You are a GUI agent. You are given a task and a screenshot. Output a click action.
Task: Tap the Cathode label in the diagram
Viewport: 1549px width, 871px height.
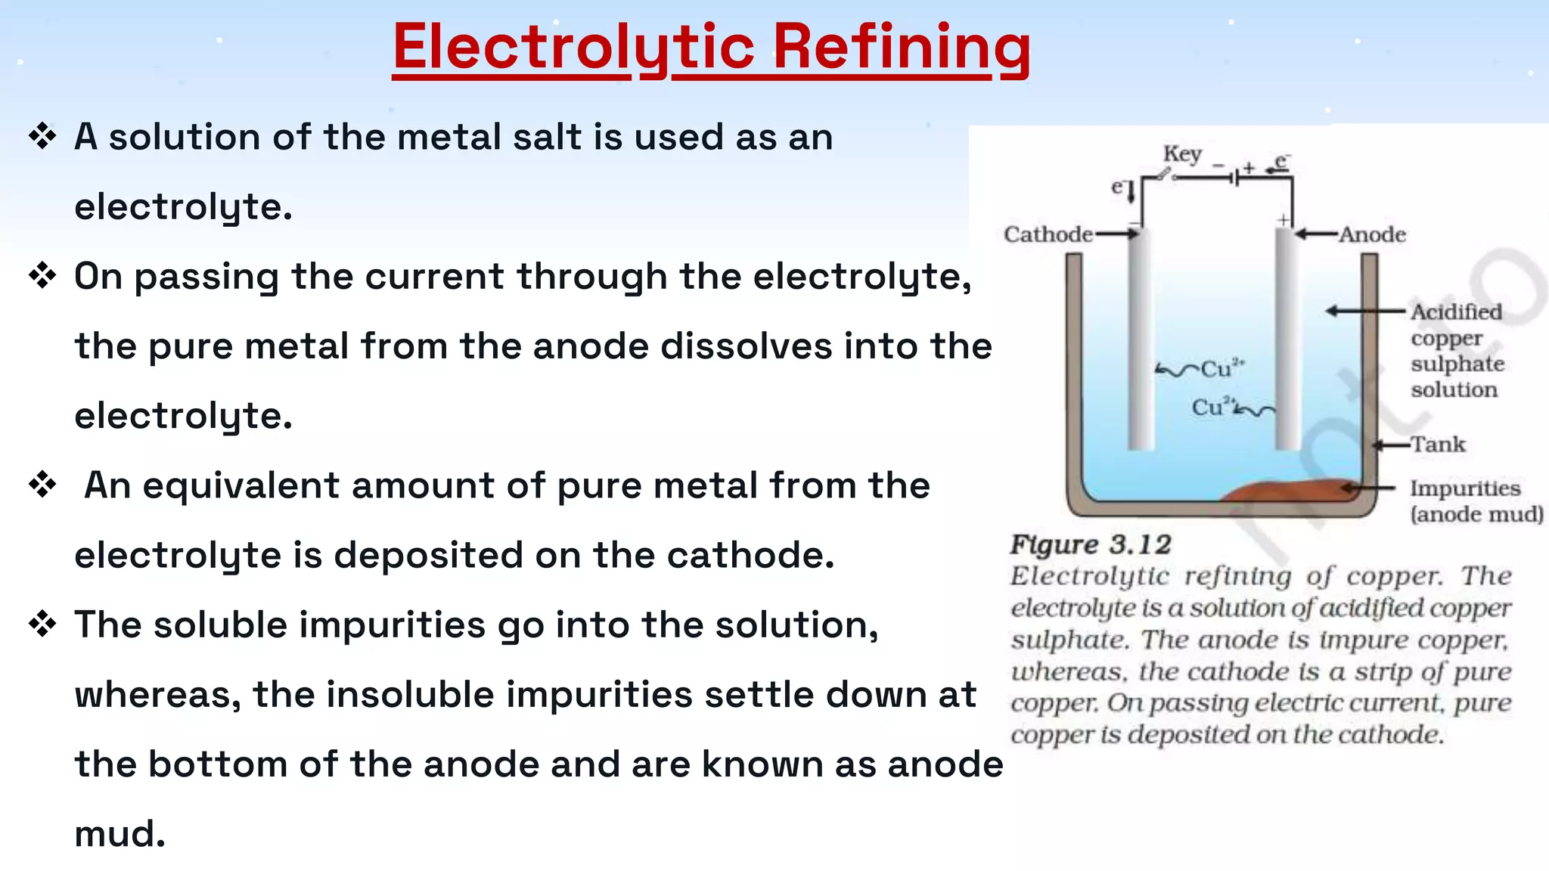(1048, 234)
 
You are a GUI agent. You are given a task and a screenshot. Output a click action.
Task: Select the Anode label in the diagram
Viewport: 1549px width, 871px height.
(1372, 234)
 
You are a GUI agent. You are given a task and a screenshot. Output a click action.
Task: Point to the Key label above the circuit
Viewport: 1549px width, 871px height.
(1182, 153)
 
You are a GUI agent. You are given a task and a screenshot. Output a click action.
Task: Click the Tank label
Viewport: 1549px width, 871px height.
(1438, 444)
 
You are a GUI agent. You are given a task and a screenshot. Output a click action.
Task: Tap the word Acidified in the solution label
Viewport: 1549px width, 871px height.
(1456, 312)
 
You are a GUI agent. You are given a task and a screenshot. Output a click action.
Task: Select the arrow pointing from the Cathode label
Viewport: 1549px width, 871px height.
(1117, 234)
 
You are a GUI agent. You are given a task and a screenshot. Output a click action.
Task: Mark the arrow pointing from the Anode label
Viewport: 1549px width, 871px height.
(1316, 234)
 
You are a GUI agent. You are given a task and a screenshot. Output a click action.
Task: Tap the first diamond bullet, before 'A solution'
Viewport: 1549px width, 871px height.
(42, 137)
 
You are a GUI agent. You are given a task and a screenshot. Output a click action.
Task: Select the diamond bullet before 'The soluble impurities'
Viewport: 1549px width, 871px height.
(42, 625)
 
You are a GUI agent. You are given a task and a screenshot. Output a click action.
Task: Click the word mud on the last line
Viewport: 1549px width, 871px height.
(120, 833)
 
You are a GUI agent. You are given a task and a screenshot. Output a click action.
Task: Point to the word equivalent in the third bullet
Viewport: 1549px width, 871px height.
(241, 485)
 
